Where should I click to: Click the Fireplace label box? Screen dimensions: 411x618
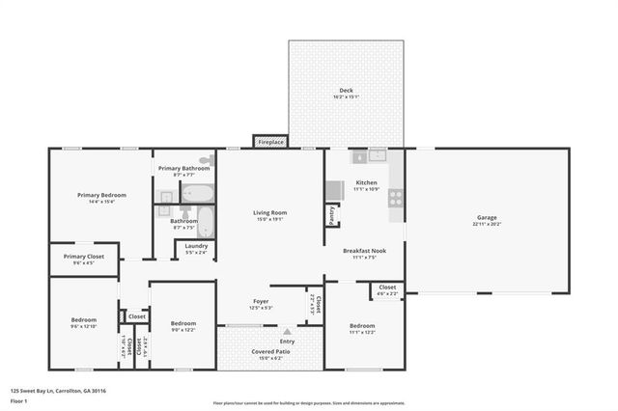pyautogui.click(x=270, y=143)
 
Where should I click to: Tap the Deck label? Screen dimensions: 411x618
pyautogui.click(x=346, y=91)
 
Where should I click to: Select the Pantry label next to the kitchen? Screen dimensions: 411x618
pyautogui.click(x=332, y=214)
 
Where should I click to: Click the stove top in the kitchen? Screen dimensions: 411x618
pyautogui.click(x=395, y=198)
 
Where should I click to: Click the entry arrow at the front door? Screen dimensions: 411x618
pyautogui.click(x=287, y=332)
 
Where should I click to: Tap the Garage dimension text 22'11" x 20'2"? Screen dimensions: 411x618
pyautogui.click(x=487, y=223)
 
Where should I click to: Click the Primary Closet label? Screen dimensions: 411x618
pyautogui.click(x=84, y=257)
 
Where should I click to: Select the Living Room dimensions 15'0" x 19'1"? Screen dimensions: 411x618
pyautogui.click(x=270, y=219)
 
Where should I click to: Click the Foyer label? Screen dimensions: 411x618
pyautogui.click(x=262, y=301)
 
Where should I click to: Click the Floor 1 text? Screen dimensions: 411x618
pyautogui.click(x=18, y=399)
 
